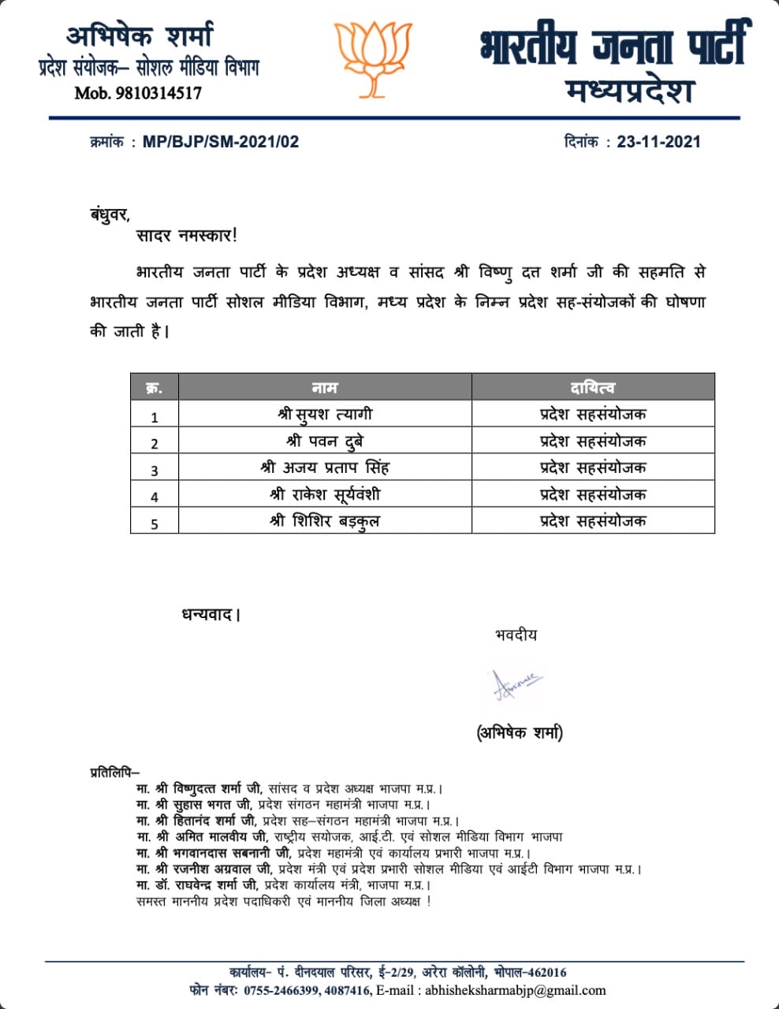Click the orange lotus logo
pyautogui.click(x=373, y=53)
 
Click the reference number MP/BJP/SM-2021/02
pyautogui.click(x=221, y=142)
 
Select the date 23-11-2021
pyautogui.click(x=658, y=142)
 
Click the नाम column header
pyautogui.click(x=324, y=387)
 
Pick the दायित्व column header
pyautogui.click(x=593, y=387)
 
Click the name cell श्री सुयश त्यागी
pyautogui.click(x=325, y=414)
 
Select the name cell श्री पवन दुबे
pyautogui.click(x=325, y=441)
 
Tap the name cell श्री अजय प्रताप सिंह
pyautogui.click(x=325, y=467)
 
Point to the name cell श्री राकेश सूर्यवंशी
pyautogui.click(x=325, y=494)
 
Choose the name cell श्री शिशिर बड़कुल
pyautogui.click(x=325, y=521)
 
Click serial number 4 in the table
pyautogui.click(x=155, y=497)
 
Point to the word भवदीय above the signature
pyautogui.click(x=516, y=635)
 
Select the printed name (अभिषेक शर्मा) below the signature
pyautogui.click(x=520, y=732)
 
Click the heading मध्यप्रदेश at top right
pyautogui.click(x=629, y=91)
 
